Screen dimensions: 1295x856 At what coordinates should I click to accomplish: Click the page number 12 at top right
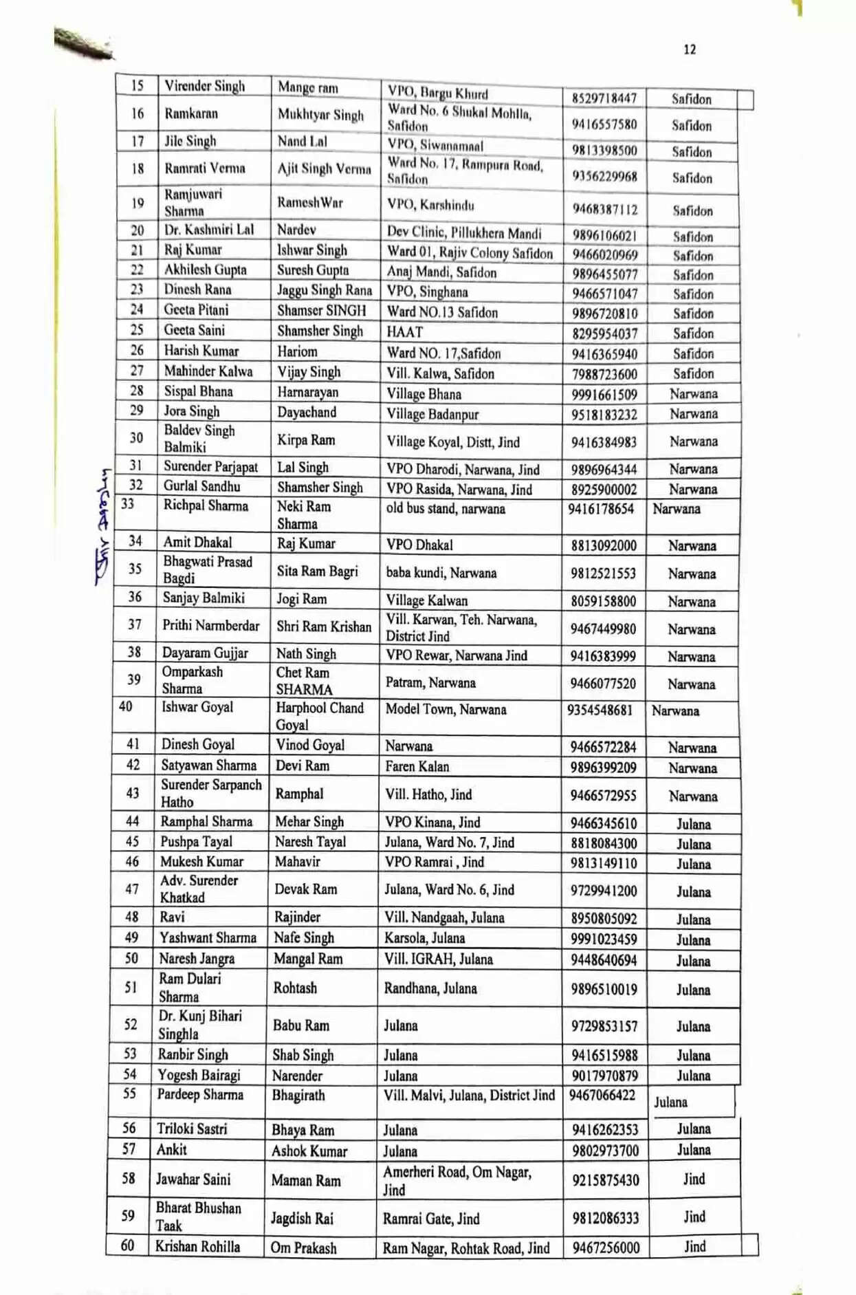[689, 50]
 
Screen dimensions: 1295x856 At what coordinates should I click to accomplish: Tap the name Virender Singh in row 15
[204, 86]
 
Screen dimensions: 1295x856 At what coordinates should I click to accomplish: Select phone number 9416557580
[604, 124]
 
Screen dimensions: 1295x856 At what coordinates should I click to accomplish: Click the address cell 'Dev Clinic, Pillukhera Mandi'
[464, 232]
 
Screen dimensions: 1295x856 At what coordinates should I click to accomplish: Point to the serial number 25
[137, 330]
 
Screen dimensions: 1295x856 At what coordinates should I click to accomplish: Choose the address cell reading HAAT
[405, 332]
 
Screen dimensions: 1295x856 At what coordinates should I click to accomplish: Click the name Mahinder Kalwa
[208, 371]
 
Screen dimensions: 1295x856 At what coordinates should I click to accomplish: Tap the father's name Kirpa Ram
[306, 440]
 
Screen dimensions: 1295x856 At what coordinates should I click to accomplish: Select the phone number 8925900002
[604, 490]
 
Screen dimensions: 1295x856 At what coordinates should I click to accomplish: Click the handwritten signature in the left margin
[103, 526]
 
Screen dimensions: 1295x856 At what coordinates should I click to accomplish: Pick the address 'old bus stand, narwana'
[446, 509]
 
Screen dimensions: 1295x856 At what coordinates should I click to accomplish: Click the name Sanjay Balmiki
[204, 598]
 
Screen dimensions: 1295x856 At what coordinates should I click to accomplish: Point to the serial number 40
[126, 706]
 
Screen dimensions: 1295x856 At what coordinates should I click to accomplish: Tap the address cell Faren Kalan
[417, 767]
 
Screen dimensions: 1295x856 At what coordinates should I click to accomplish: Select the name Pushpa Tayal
[196, 842]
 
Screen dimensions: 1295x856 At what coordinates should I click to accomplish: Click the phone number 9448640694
[603, 960]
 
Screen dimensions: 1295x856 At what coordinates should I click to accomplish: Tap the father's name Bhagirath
[298, 1095]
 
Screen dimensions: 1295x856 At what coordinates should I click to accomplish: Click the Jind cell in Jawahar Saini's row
[694, 1179]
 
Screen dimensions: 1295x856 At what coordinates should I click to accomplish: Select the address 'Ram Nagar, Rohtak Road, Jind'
[466, 1248]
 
